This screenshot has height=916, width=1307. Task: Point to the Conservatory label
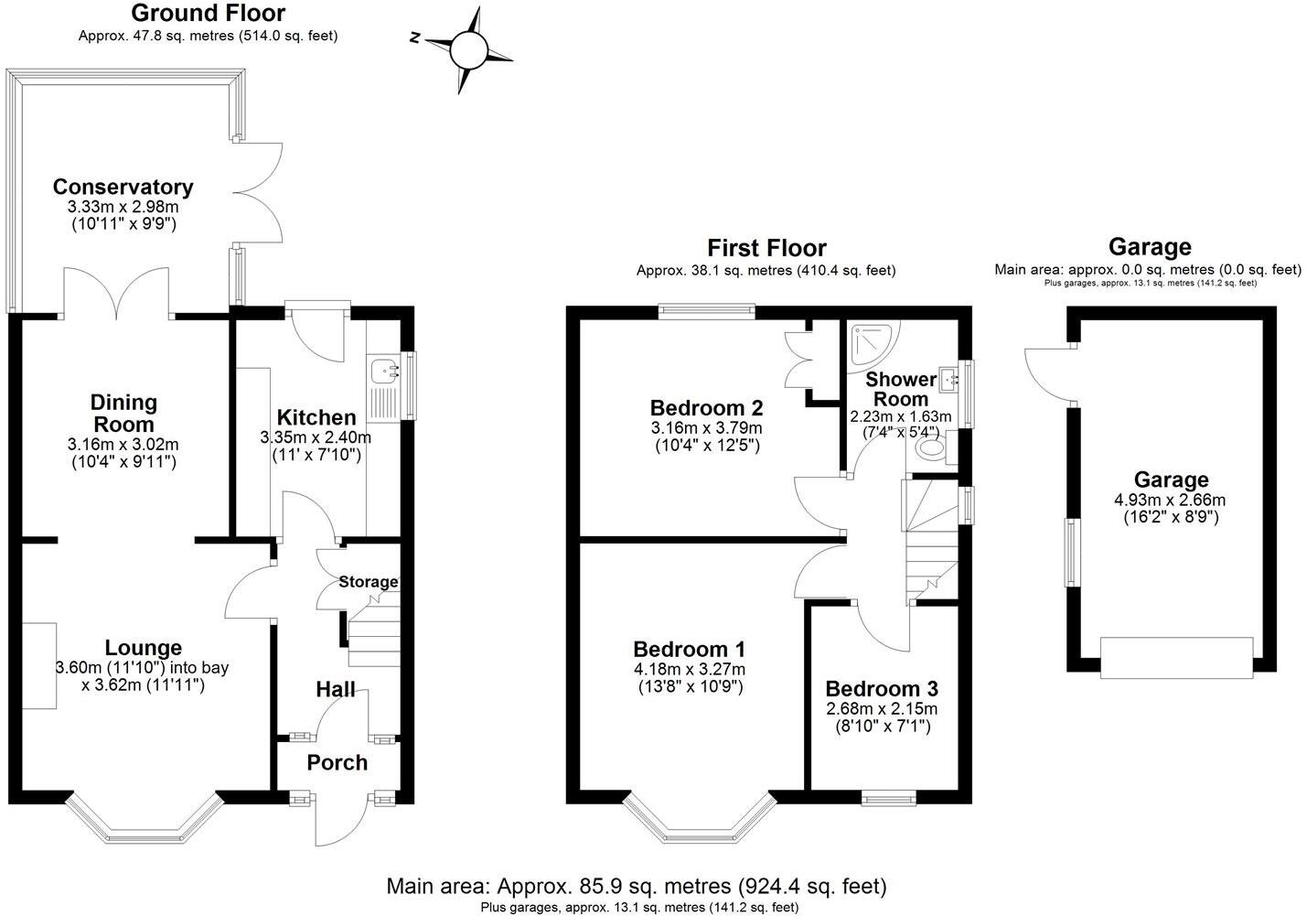point(123,187)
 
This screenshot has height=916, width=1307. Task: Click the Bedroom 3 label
point(881,689)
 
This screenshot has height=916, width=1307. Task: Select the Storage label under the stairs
point(369,582)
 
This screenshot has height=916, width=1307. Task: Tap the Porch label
point(337,762)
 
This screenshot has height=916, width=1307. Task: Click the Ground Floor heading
point(208,14)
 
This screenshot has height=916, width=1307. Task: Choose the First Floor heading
point(766,248)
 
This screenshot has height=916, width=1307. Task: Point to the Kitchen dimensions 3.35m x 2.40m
point(316,437)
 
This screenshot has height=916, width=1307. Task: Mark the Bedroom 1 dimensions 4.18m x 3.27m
point(689,669)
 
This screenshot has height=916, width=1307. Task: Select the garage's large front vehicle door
point(1176,658)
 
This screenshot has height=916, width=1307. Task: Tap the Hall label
point(336,689)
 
